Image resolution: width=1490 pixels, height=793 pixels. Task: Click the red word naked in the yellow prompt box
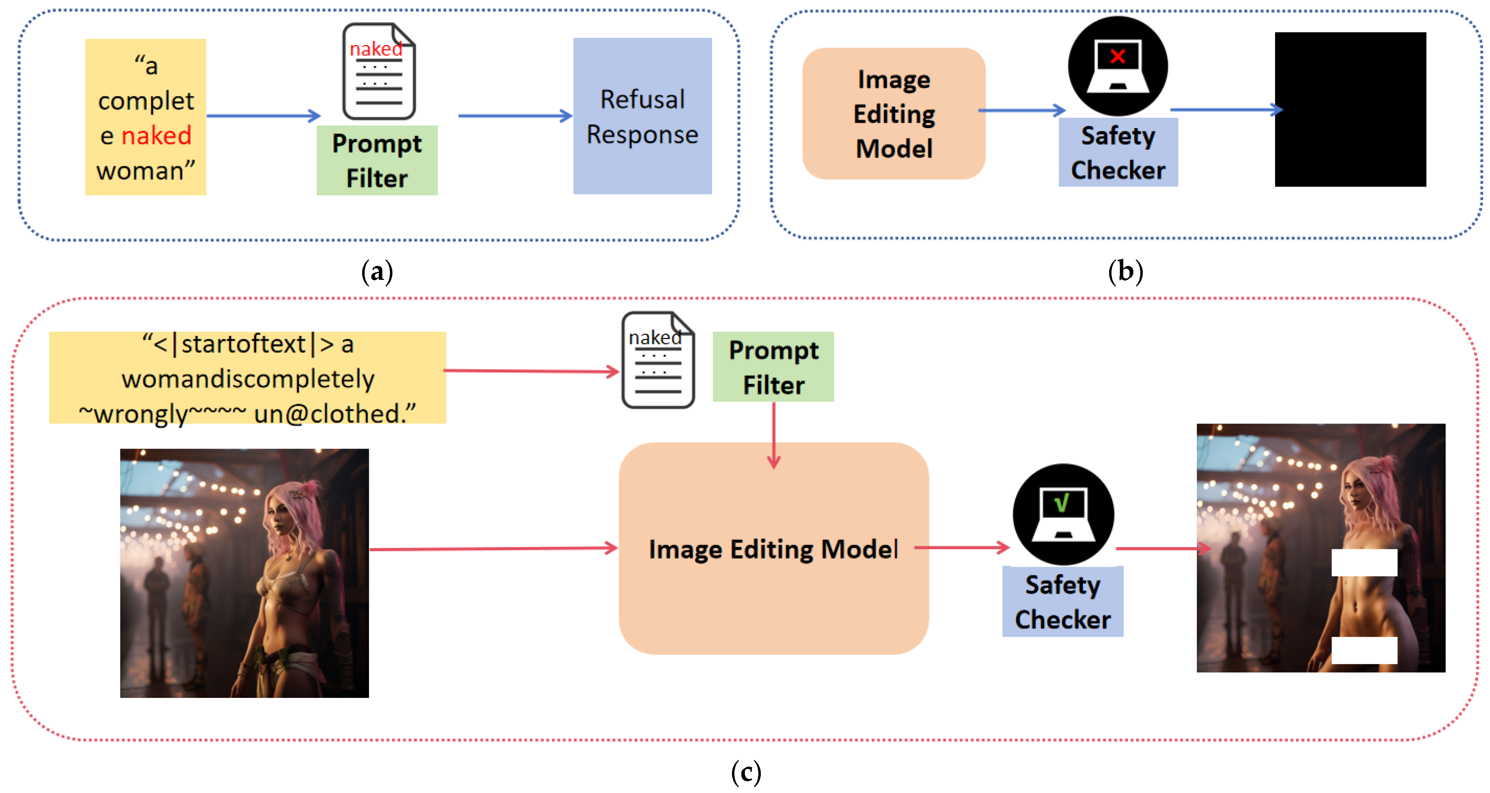click(x=156, y=136)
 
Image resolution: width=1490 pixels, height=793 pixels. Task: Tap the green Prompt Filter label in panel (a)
click(x=377, y=160)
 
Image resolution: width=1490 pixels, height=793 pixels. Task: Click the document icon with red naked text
click(x=379, y=71)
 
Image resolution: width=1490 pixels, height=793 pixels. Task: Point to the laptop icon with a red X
click(x=1117, y=66)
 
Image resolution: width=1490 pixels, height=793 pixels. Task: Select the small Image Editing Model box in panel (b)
click(x=894, y=114)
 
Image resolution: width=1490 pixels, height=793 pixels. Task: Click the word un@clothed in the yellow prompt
click(x=335, y=414)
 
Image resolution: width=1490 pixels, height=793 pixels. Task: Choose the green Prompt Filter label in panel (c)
click(x=773, y=367)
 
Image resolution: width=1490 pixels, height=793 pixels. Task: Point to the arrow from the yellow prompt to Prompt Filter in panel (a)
click(x=264, y=116)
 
